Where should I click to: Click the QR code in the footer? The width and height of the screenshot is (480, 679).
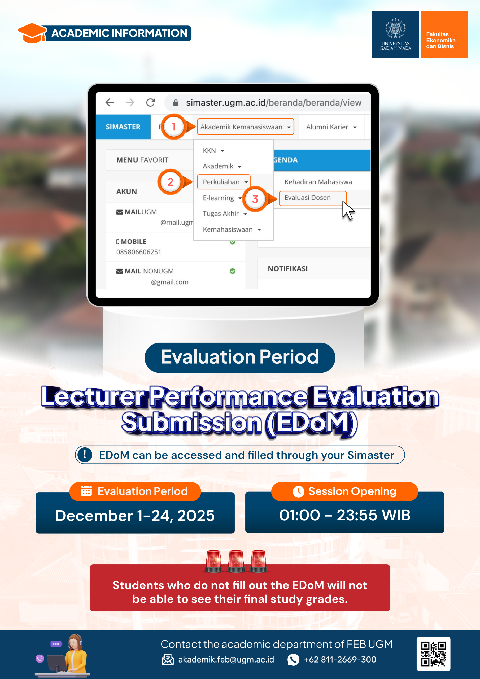(x=433, y=654)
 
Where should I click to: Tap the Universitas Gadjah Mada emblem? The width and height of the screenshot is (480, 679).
(x=395, y=28)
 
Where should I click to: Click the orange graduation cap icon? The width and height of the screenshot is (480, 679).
(x=33, y=33)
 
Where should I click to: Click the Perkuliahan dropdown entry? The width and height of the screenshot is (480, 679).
(x=224, y=182)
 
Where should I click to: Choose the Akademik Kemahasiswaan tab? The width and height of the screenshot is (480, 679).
(x=246, y=127)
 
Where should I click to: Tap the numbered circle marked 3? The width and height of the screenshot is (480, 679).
(x=255, y=199)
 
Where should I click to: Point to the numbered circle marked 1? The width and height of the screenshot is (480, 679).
(x=174, y=127)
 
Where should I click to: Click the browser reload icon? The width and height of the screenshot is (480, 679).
(x=151, y=103)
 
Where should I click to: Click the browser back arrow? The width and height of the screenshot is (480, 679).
(x=110, y=103)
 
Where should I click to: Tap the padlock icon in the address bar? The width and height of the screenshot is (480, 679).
(x=176, y=103)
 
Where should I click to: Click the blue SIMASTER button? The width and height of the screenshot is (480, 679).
(x=123, y=127)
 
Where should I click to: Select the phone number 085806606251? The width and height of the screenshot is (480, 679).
(x=139, y=252)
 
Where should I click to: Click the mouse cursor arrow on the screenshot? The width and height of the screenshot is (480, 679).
(x=348, y=211)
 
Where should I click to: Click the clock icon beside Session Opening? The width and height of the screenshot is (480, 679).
(x=298, y=491)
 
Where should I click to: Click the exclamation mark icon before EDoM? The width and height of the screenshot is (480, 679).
(x=85, y=455)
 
